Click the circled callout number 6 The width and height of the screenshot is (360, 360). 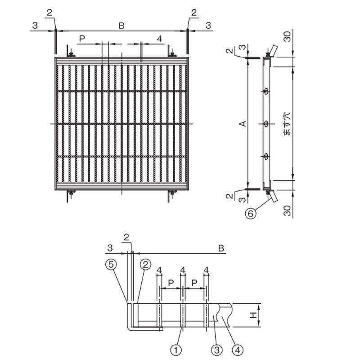(251, 214)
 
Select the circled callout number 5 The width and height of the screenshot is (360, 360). (111, 265)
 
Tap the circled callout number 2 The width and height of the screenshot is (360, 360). (145, 265)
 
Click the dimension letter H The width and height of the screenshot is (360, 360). (253, 315)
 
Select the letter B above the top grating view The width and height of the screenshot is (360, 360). (121, 26)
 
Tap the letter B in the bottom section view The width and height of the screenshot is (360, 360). (221, 248)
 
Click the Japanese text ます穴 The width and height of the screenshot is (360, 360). (287, 123)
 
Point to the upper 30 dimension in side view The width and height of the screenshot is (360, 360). (287, 36)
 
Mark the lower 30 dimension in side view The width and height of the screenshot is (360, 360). (287, 211)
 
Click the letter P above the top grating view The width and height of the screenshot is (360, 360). (82, 39)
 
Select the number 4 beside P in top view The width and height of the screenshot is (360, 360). (160, 39)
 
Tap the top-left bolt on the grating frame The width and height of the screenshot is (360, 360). (72, 54)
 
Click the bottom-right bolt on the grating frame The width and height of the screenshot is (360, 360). (172, 192)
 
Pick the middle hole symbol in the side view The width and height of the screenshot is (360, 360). (266, 124)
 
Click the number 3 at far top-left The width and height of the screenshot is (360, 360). (35, 26)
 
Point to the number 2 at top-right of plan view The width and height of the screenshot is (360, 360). (194, 13)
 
